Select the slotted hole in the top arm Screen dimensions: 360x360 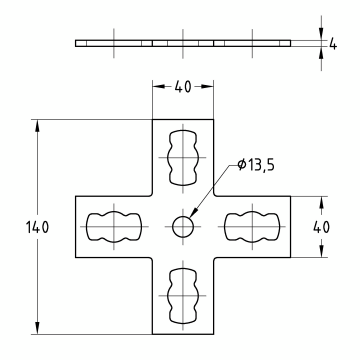pos(183,156)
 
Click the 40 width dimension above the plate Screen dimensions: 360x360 pos(183,86)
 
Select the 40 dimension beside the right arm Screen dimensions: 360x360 pos(321,228)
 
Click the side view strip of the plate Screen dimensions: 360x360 pos(183,43)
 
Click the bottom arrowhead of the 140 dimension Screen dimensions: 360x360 pos(37,332)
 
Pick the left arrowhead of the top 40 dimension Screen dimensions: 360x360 pos(155,86)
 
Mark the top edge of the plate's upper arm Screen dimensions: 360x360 pos(183,121)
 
